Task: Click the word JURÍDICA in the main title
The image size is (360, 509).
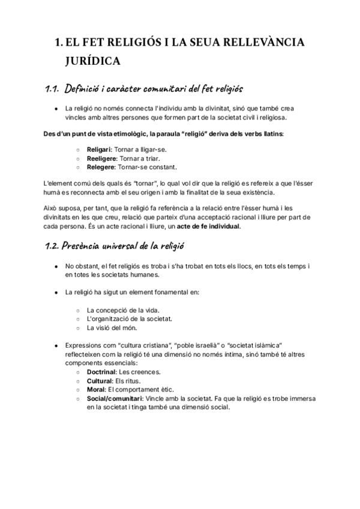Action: pos(93,61)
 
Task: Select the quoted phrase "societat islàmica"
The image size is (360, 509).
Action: pos(247,346)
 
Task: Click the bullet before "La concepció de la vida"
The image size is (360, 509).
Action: pos(79,310)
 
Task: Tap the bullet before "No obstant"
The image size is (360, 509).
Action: pos(56,265)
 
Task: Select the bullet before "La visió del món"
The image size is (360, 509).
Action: pos(79,328)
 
